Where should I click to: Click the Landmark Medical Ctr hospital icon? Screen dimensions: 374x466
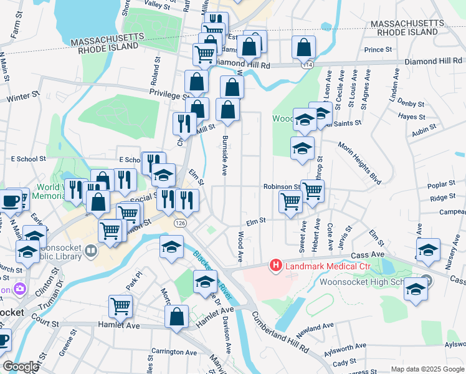coord(275,266)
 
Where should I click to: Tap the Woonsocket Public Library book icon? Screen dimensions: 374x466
coord(92,251)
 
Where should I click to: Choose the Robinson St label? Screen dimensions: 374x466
coord(282,186)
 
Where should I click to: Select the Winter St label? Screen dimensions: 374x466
coord(23,97)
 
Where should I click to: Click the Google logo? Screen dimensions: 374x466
coord(20,367)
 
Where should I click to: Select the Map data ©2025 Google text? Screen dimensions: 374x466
coord(427,369)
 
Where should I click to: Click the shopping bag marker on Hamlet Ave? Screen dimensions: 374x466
coord(177,316)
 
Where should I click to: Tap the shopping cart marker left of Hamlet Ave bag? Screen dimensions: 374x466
coord(121,306)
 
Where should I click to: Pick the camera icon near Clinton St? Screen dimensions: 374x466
coord(20,289)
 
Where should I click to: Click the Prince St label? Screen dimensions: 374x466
coord(378,49)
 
